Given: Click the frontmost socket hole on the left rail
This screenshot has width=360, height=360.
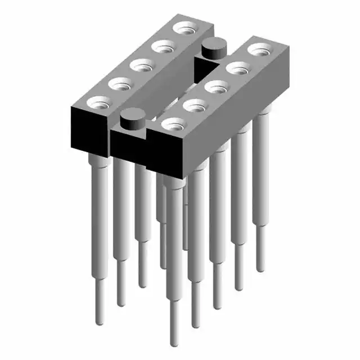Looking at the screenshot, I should (x=99, y=103).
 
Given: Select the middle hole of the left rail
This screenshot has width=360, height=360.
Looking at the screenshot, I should (x=142, y=65).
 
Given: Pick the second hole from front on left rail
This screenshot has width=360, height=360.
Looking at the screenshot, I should (x=120, y=84).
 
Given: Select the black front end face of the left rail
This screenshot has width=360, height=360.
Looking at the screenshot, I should (x=87, y=130).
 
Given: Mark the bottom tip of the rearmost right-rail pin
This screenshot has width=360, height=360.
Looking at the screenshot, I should (x=260, y=269).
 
